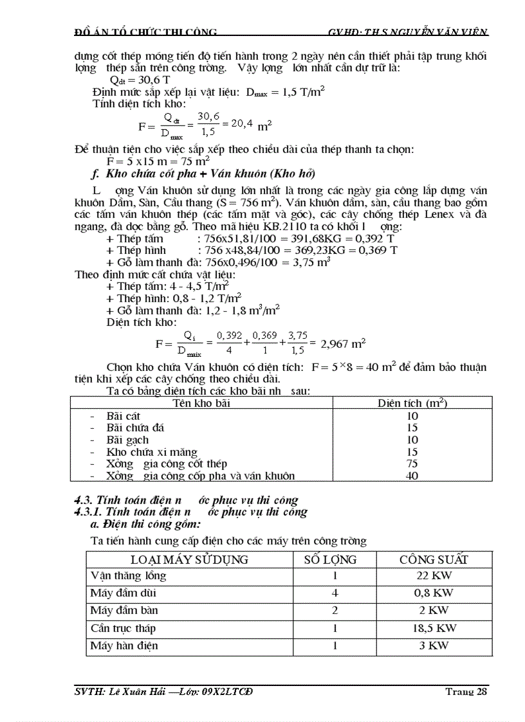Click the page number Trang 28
466,691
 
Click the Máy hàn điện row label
124,645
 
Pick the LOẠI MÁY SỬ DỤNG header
189,559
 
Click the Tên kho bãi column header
201,403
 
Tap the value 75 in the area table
412,464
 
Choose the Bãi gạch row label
127,440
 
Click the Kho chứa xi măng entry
152,452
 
